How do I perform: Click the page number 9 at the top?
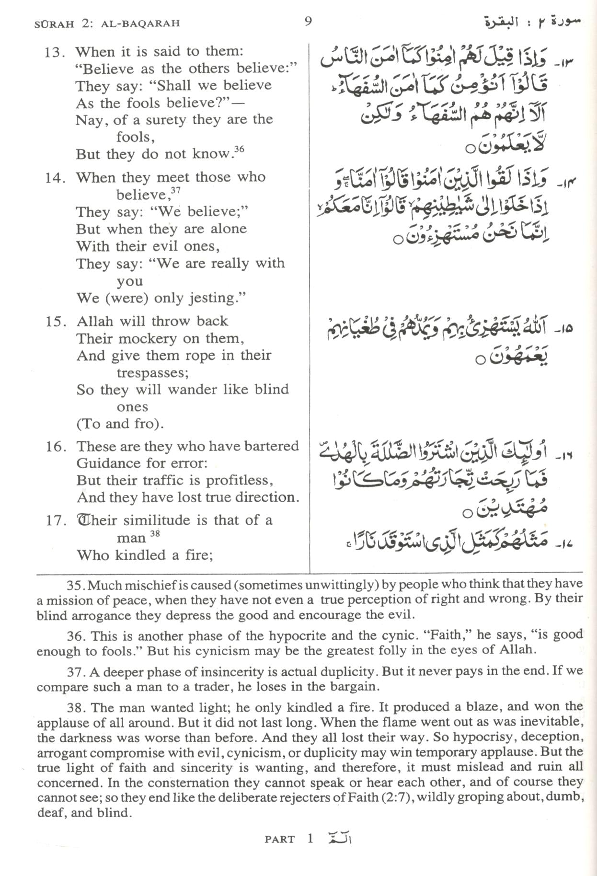308,21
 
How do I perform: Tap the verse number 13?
54,52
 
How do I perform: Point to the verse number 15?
55,322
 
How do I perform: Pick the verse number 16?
55,447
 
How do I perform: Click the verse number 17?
55,520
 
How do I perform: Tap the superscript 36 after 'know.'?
239,149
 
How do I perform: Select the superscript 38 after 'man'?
155,533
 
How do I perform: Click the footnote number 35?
75,585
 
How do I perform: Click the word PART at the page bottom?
279,839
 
